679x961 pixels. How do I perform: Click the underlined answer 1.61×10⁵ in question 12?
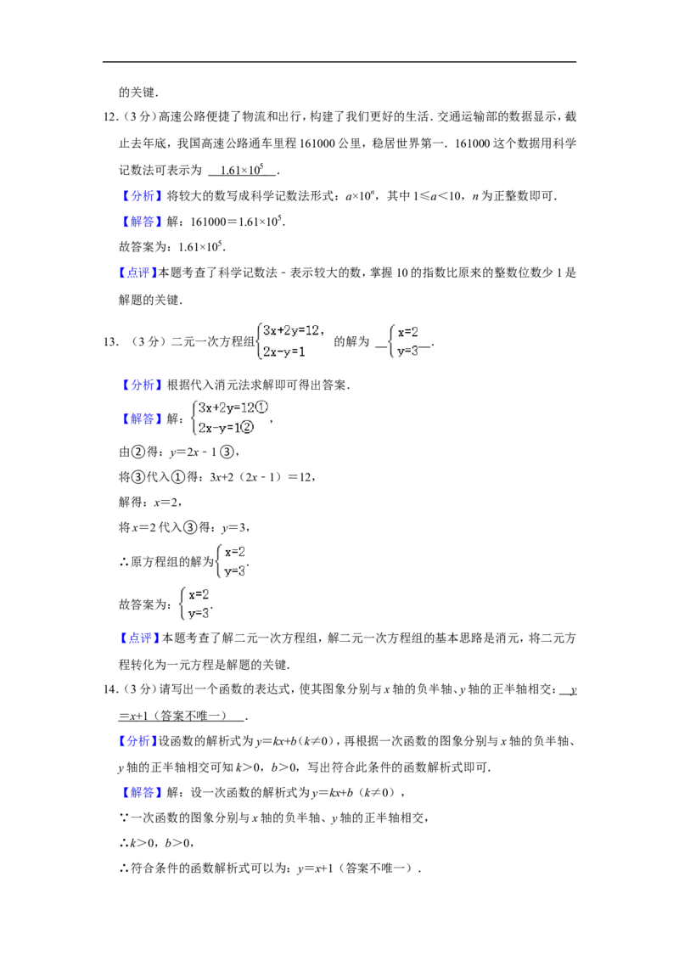pyautogui.click(x=242, y=170)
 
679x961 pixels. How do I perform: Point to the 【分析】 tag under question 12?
pyautogui.click(x=139, y=196)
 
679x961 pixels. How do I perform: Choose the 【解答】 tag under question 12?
pyautogui.click(x=139, y=222)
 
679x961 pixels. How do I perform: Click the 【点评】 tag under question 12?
pyautogui.click(x=137, y=273)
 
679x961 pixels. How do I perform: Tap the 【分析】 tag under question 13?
pyautogui.click(x=139, y=385)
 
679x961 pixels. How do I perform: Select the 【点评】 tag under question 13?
pyautogui.click(x=137, y=638)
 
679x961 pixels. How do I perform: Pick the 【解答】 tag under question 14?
pyautogui.click(x=139, y=792)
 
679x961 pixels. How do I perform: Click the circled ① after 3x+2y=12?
pyautogui.click(x=261, y=407)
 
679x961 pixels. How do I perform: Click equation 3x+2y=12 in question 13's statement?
pyautogui.click(x=291, y=331)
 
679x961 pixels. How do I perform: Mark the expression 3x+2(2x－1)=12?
pyautogui.click(x=261, y=477)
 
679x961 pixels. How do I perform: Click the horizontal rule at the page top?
pyautogui.click(x=339, y=62)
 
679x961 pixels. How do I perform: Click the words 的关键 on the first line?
pyautogui.click(x=136, y=93)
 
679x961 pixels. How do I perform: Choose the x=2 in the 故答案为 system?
pyautogui.click(x=199, y=594)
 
